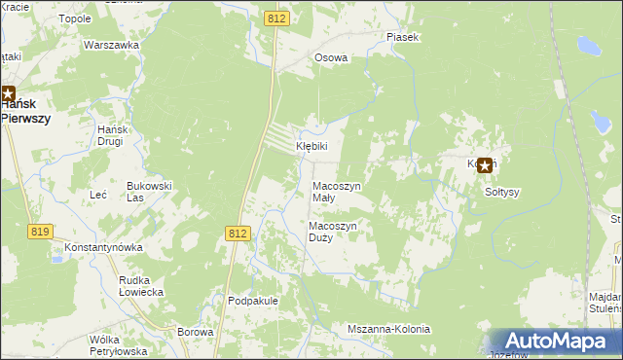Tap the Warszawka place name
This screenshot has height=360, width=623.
tap(107, 46)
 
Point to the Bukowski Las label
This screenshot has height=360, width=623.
tap(149, 191)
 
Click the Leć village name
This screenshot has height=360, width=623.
tap(97, 195)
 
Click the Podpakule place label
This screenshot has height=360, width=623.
tap(253, 301)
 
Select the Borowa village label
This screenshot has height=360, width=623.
tap(196, 332)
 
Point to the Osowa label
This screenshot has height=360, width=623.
tap(331, 57)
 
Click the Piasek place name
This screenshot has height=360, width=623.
tap(402, 37)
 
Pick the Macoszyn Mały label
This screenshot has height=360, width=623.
tap(336, 191)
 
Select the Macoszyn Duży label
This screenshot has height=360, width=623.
tap(334, 232)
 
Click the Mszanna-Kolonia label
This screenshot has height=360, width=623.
tap(388, 329)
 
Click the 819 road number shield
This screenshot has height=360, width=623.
tap(40, 231)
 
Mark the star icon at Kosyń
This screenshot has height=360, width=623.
tap(484, 165)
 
